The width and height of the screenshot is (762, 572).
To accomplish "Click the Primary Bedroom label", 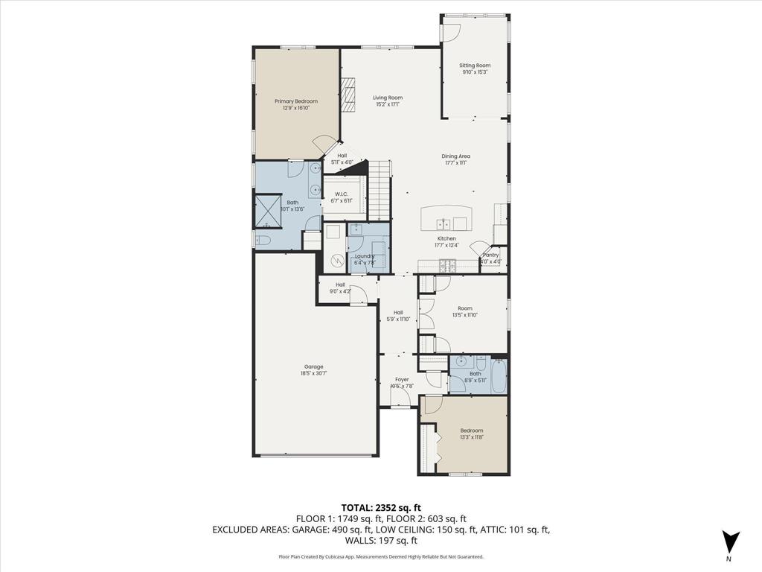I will [x=295, y=101].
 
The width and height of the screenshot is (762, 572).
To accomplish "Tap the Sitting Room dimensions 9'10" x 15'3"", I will [x=475, y=72].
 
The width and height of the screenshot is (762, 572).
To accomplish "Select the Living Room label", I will [x=387, y=98].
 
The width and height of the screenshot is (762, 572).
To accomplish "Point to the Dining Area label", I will [x=455, y=156].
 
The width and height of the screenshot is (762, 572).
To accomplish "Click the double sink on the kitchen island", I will [x=443, y=223].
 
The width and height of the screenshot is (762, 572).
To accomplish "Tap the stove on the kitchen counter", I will [x=446, y=264].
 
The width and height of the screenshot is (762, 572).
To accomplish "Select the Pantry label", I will [x=490, y=255].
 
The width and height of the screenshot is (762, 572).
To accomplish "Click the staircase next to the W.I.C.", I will [x=380, y=190].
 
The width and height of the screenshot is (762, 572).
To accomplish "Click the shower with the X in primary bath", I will [x=266, y=211].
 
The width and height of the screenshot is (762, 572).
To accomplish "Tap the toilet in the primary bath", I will [x=262, y=240].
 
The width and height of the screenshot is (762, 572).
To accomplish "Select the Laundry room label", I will [x=365, y=256].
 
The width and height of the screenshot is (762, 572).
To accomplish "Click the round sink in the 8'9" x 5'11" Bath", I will [x=461, y=363].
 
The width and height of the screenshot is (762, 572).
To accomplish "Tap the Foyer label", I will [x=402, y=380].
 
